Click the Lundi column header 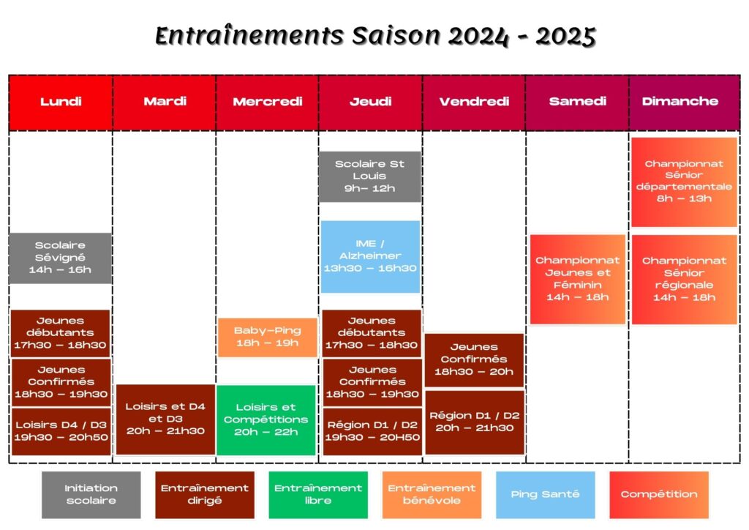61,102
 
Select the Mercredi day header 268,102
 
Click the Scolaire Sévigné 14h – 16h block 60,258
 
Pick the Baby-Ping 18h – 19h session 268,337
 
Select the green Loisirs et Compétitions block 266,420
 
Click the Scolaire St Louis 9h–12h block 369,176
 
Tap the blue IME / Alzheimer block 370,257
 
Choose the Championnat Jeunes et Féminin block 578,279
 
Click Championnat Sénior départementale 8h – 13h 684,182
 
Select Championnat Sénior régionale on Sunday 684,279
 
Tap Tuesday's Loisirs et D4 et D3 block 165,419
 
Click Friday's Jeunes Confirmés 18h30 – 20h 474,360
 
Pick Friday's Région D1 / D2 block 474,422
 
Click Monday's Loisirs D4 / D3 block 61,431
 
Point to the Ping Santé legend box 545,495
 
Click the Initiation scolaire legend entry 91,495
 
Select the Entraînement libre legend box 318,495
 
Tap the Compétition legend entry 659,495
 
